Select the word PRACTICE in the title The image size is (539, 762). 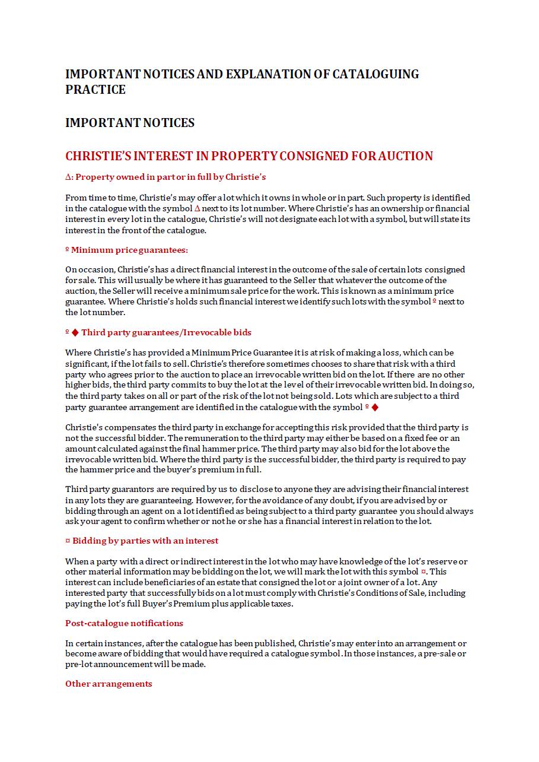coord(95,90)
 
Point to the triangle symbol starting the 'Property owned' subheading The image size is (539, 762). coord(68,177)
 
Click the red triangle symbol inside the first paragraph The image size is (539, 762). coord(197,208)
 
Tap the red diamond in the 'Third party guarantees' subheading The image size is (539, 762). coord(75,332)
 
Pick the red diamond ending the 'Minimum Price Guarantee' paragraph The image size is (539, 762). coord(375,407)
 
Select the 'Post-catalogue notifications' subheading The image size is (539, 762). coord(124,623)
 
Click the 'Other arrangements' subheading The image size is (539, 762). coord(109,684)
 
